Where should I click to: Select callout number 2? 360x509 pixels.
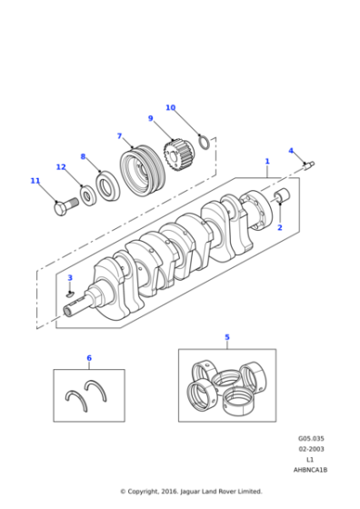point(279,227)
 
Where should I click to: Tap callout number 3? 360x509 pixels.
point(70,277)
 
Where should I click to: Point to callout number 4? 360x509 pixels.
point(291,151)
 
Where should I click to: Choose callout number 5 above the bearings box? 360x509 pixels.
point(227,337)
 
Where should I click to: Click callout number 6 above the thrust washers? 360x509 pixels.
point(88,357)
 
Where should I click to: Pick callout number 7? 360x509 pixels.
point(119,136)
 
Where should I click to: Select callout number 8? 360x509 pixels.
point(83,156)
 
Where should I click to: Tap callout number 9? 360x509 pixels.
point(150,118)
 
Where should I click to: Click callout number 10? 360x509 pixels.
point(170,108)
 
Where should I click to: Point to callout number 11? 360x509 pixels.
point(35,181)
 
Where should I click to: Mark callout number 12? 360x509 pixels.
point(61,167)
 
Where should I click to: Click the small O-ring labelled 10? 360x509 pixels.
point(205,141)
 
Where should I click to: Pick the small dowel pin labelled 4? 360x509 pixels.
point(308,165)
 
